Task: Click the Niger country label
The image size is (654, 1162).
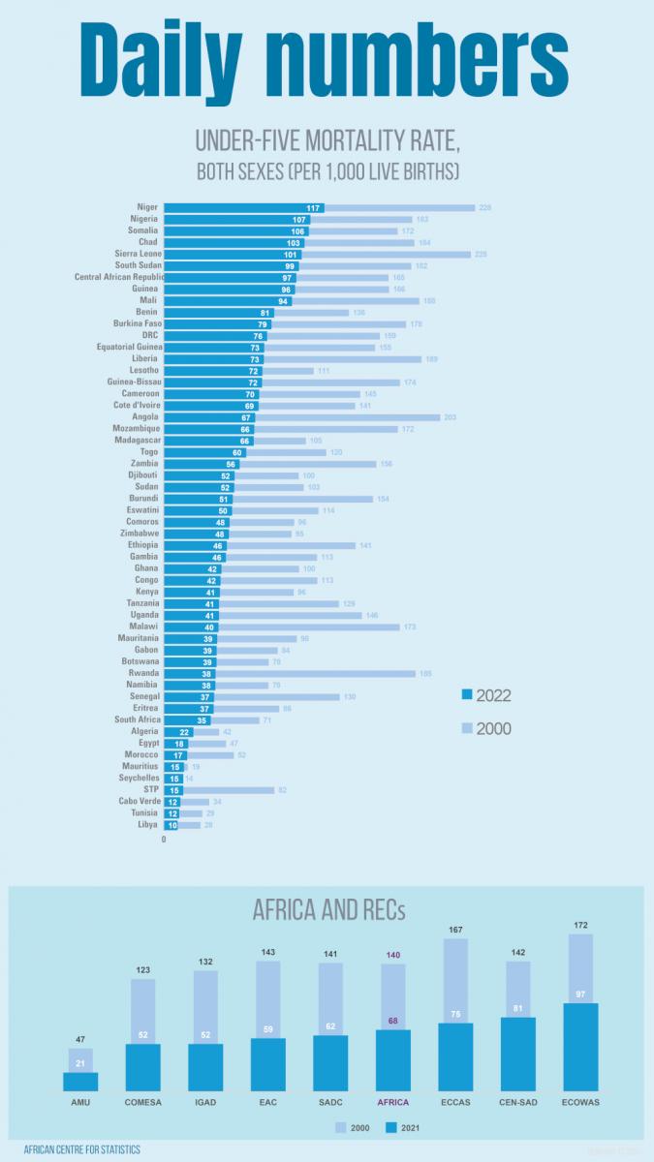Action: tap(147, 208)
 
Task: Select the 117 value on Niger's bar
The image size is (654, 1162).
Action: tap(313, 208)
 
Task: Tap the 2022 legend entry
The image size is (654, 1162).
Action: tap(491, 695)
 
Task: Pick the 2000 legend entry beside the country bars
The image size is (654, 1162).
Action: tap(491, 729)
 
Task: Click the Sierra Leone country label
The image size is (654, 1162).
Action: tap(136, 255)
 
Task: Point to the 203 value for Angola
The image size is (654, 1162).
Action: tap(450, 417)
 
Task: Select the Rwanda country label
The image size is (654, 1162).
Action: tap(143, 673)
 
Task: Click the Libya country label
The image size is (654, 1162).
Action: tap(147, 824)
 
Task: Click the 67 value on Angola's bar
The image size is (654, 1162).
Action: tap(245, 417)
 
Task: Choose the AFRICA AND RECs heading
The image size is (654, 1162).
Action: tap(328, 911)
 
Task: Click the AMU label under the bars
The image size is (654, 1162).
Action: tap(80, 1102)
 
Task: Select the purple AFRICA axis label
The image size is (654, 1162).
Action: tap(393, 1102)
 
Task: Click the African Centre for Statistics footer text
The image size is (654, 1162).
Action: tap(81, 1149)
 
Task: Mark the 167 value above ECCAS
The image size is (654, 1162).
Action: tap(456, 931)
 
